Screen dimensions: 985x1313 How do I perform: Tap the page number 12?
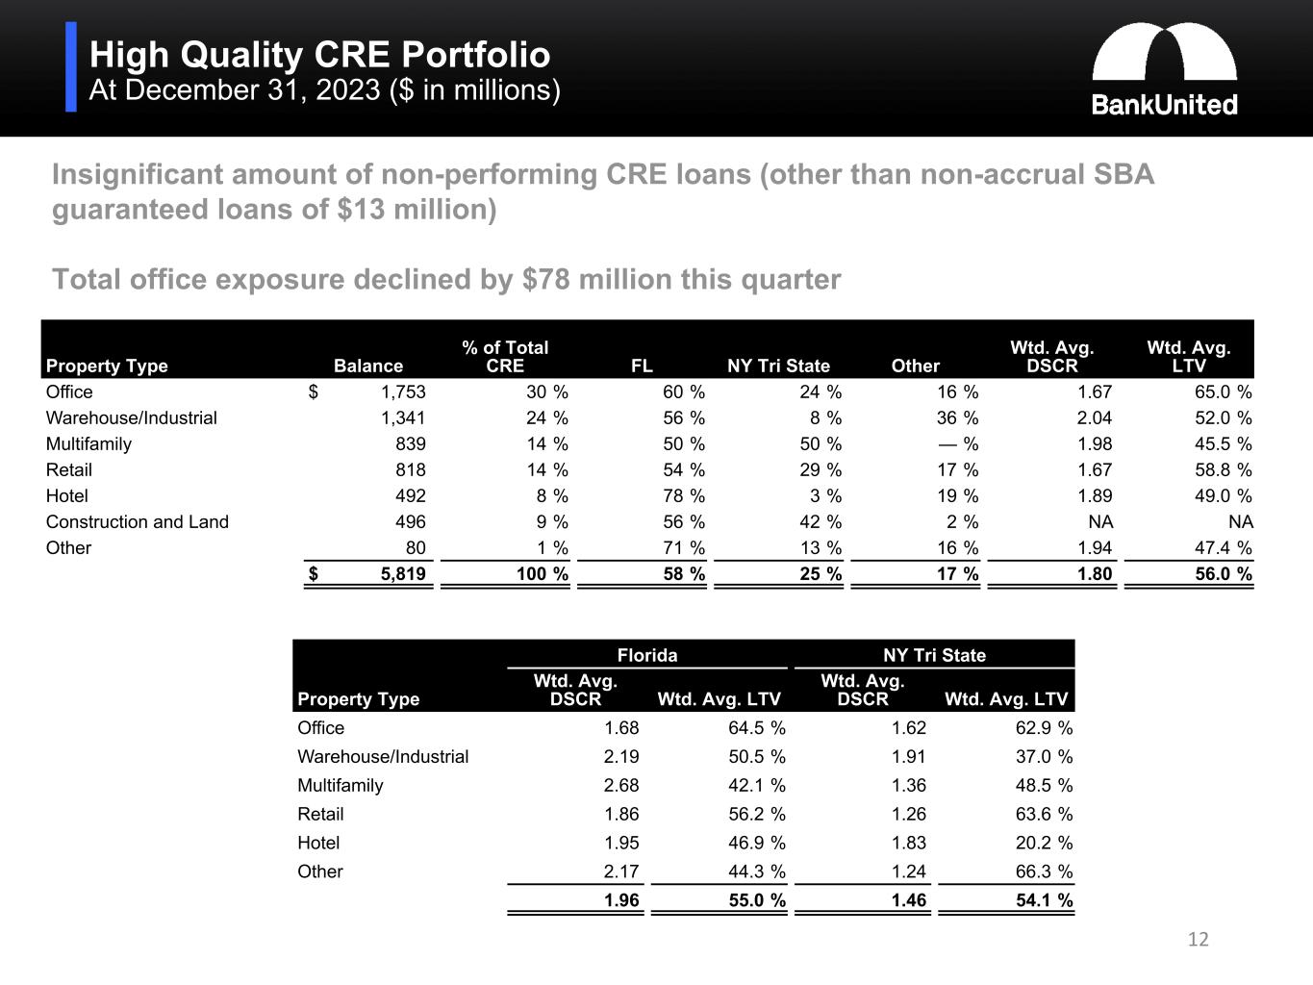coord(1198,940)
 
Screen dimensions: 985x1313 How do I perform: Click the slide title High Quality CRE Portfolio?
coord(319,55)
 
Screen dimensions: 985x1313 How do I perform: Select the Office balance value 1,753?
coord(403,392)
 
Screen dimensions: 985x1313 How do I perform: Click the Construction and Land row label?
coord(138,522)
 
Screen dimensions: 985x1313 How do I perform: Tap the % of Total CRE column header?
coord(505,357)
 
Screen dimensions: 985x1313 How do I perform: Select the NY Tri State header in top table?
coord(778,366)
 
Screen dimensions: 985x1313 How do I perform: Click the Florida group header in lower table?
coord(646,656)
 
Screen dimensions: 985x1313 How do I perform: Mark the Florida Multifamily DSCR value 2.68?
coord(620,786)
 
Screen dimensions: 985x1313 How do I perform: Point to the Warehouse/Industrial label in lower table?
coord(383,757)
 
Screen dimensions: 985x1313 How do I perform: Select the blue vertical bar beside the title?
coord(71,67)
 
